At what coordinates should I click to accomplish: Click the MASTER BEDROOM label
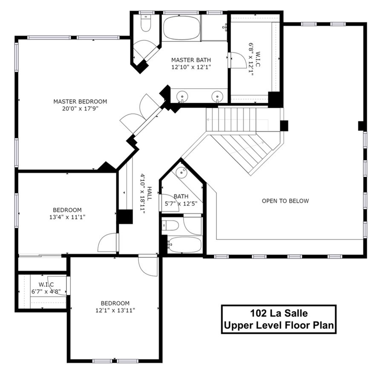tap(80, 101)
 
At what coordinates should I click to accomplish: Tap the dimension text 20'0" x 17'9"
tap(80, 108)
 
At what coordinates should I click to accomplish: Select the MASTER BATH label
tap(191, 60)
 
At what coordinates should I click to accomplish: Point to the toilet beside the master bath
tap(146, 25)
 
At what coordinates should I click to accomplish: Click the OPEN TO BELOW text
tap(285, 201)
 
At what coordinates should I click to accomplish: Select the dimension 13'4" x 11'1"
tap(67, 217)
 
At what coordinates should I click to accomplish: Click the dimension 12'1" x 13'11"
tap(115, 310)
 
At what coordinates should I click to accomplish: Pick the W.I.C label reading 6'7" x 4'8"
tap(45, 284)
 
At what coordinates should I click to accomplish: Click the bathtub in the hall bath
tap(184, 245)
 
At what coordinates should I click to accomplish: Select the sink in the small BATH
tap(182, 172)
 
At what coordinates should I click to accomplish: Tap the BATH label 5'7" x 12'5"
tap(181, 200)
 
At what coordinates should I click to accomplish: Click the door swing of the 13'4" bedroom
tap(108, 243)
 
